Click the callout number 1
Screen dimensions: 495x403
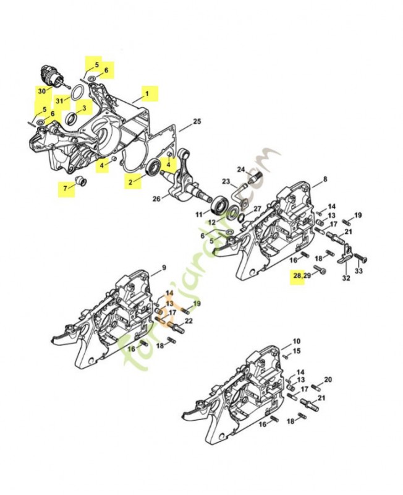click(147, 93)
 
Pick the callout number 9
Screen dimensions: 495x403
click(164, 268)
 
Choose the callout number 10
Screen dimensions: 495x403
click(296, 341)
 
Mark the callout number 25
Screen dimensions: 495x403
click(197, 121)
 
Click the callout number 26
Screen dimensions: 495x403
click(156, 199)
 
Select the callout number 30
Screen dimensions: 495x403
click(41, 91)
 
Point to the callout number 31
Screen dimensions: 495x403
click(60, 100)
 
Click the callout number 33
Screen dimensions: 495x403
click(359, 271)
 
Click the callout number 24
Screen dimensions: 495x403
click(241, 169)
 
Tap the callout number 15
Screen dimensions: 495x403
click(297, 351)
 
